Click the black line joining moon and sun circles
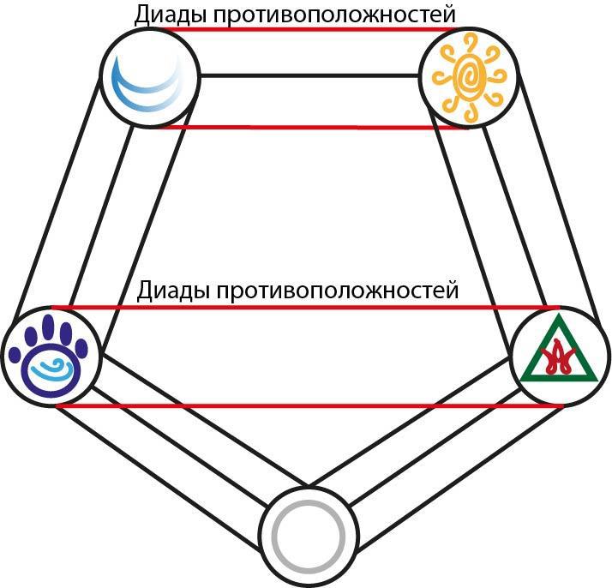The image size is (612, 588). pos(309,75)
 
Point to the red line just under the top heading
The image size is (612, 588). pos(309,29)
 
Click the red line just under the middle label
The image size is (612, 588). pos(306,308)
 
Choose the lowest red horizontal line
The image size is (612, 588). pos(310,406)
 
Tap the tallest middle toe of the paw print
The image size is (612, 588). pos(48,327)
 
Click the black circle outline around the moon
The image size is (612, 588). pos(100,78)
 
